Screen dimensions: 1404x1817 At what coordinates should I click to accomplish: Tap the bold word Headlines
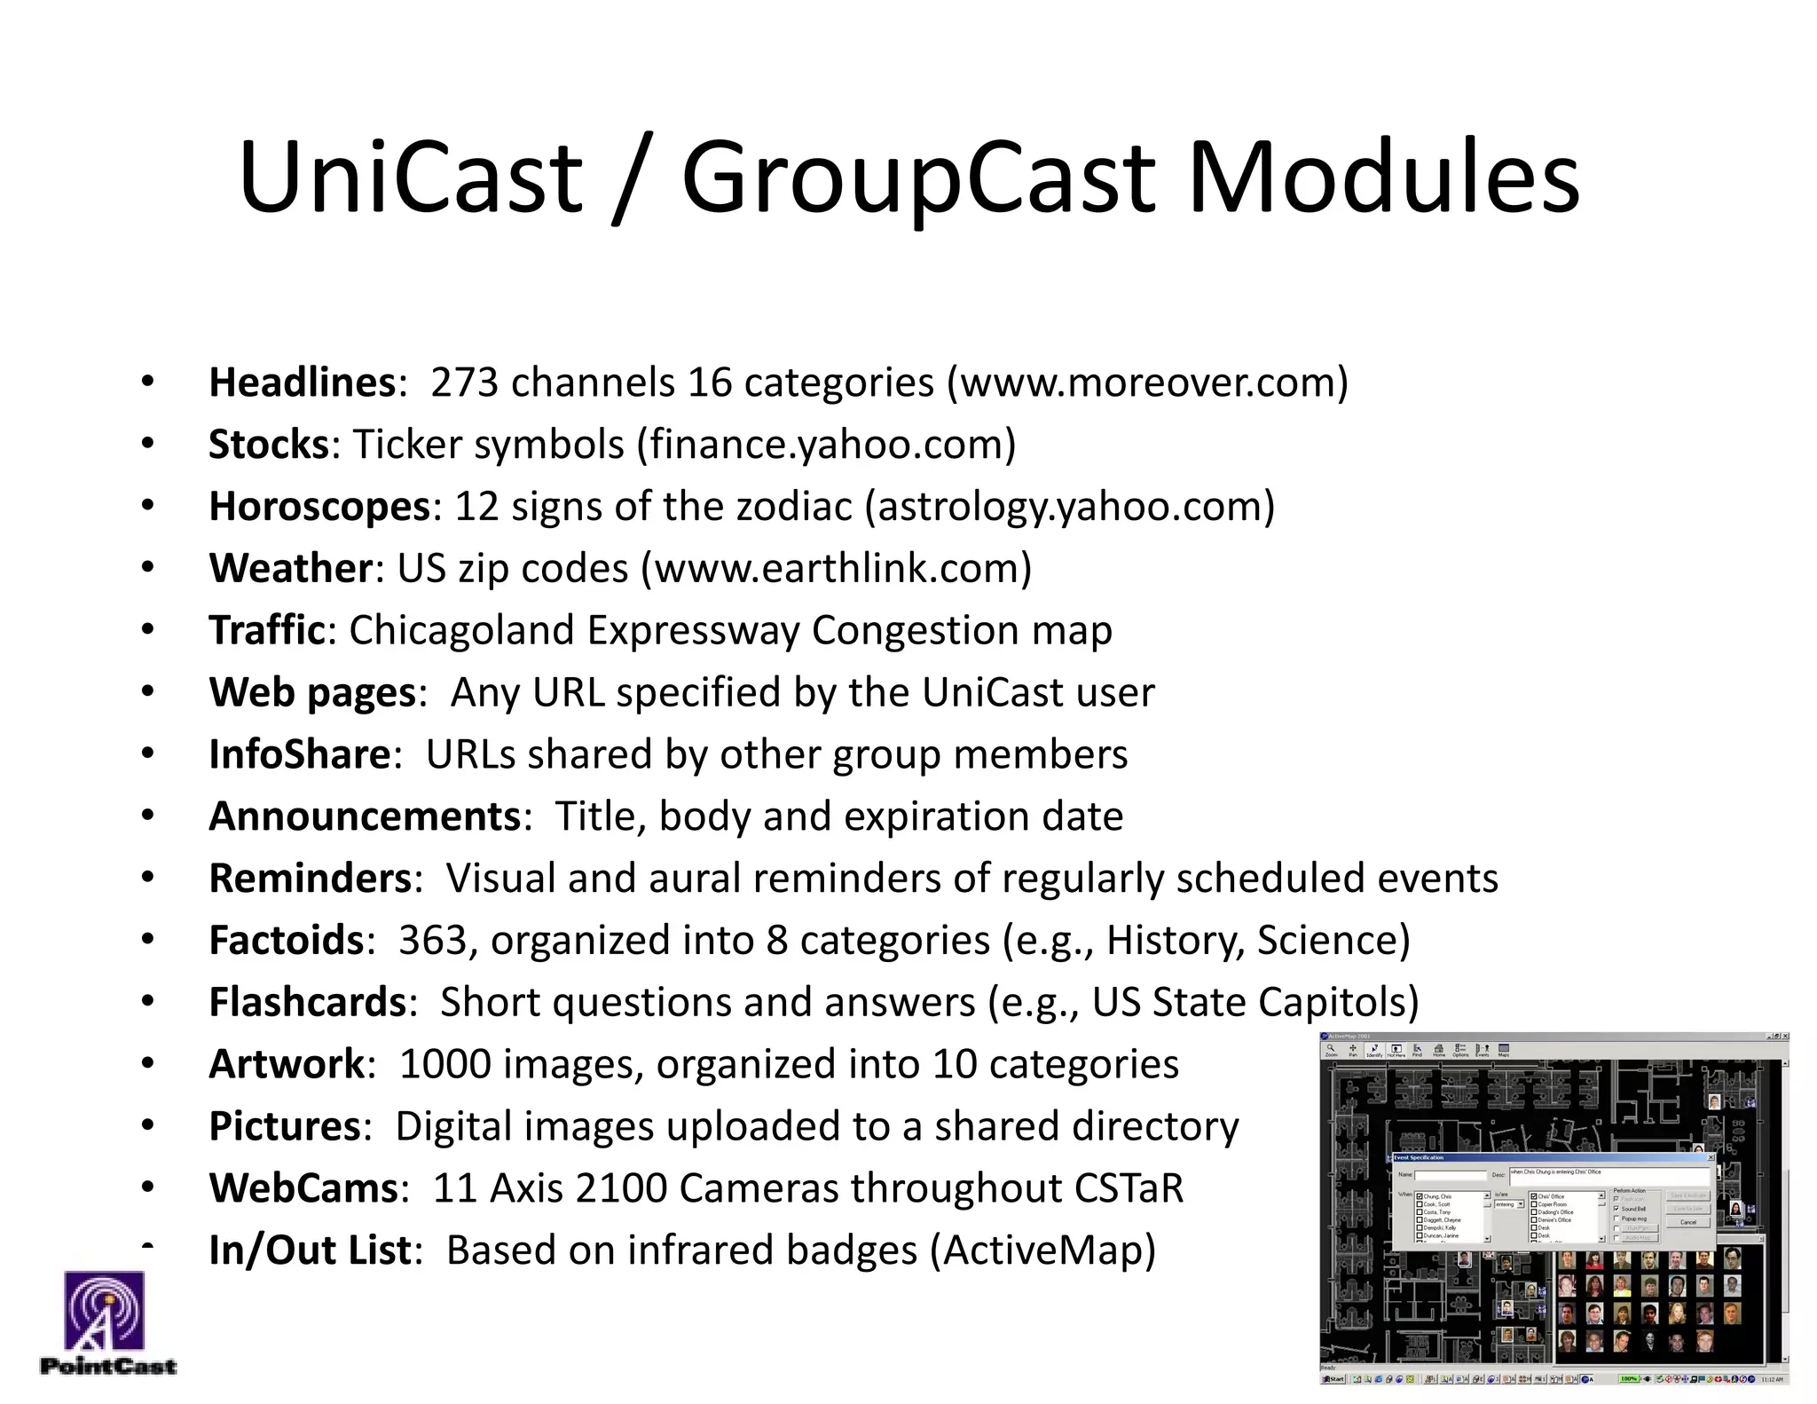302,383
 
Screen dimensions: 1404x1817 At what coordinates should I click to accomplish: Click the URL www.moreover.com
1147,383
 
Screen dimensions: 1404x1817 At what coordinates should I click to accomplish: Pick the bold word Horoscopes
319,507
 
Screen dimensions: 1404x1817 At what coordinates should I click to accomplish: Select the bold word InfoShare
299,754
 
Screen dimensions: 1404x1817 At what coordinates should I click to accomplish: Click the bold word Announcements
365,816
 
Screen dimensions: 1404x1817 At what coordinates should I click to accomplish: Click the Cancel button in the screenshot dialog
1687,1222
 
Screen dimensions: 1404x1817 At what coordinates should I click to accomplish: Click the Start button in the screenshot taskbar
1333,1379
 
